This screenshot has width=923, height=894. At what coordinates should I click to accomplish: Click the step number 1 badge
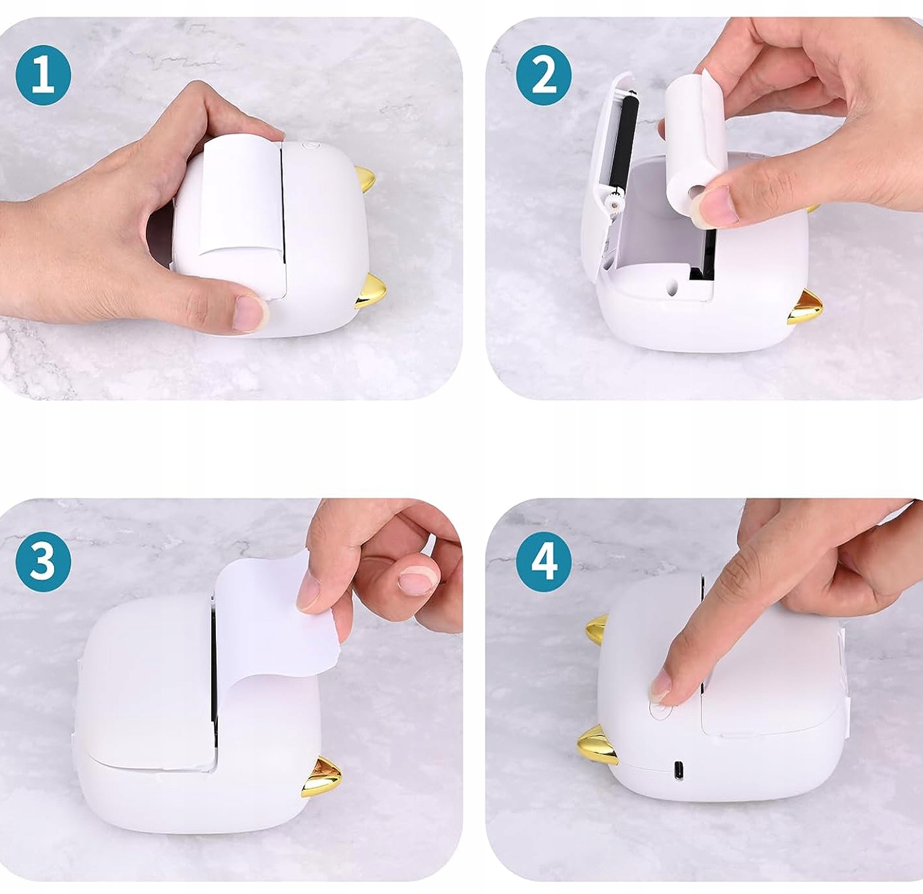[x=43, y=76]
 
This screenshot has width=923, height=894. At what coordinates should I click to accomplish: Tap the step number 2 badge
[x=544, y=76]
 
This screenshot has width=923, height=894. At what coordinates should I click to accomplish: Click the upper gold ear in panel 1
[x=365, y=180]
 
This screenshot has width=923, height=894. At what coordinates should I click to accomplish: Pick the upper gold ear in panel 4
[x=597, y=629]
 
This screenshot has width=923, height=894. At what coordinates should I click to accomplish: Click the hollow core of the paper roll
[x=696, y=193]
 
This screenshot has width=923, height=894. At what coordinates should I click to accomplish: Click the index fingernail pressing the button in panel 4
[x=661, y=686]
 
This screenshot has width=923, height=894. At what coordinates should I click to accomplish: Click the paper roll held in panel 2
[x=696, y=142]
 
